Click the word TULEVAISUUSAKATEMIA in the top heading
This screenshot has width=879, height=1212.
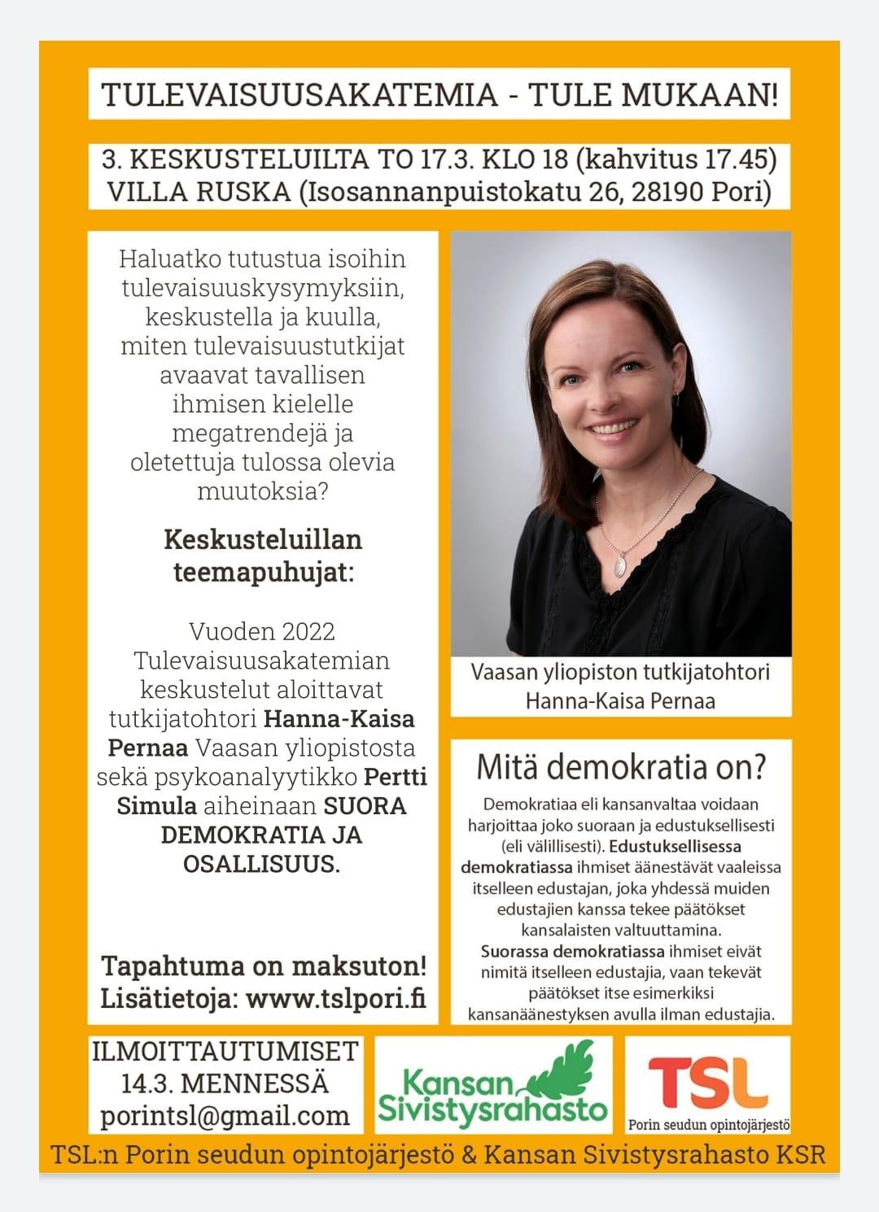(300, 95)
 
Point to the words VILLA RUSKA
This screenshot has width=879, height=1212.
(199, 193)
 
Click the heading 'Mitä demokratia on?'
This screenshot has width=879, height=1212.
(621, 766)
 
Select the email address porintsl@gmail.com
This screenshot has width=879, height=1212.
(225, 1116)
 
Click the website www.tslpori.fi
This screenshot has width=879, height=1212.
(335, 998)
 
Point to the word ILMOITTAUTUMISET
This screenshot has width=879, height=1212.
(225, 1051)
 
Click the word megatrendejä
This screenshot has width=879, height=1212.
(262, 433)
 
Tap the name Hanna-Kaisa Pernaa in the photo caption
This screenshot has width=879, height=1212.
(620, 700)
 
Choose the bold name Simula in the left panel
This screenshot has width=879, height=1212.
(157, 805)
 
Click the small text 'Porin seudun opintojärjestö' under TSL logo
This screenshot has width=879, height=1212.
(708, 1125)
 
